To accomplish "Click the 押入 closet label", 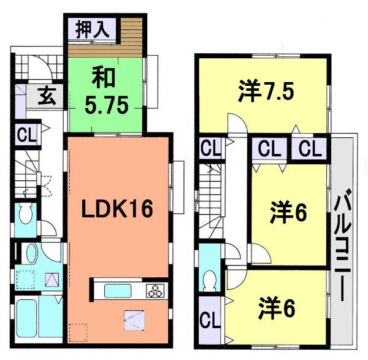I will [x=92, y=29].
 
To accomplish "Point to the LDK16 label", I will [x=118, y=209].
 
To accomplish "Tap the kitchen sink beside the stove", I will [x=116, y=291].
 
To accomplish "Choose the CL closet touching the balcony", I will [x=310, y=149].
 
